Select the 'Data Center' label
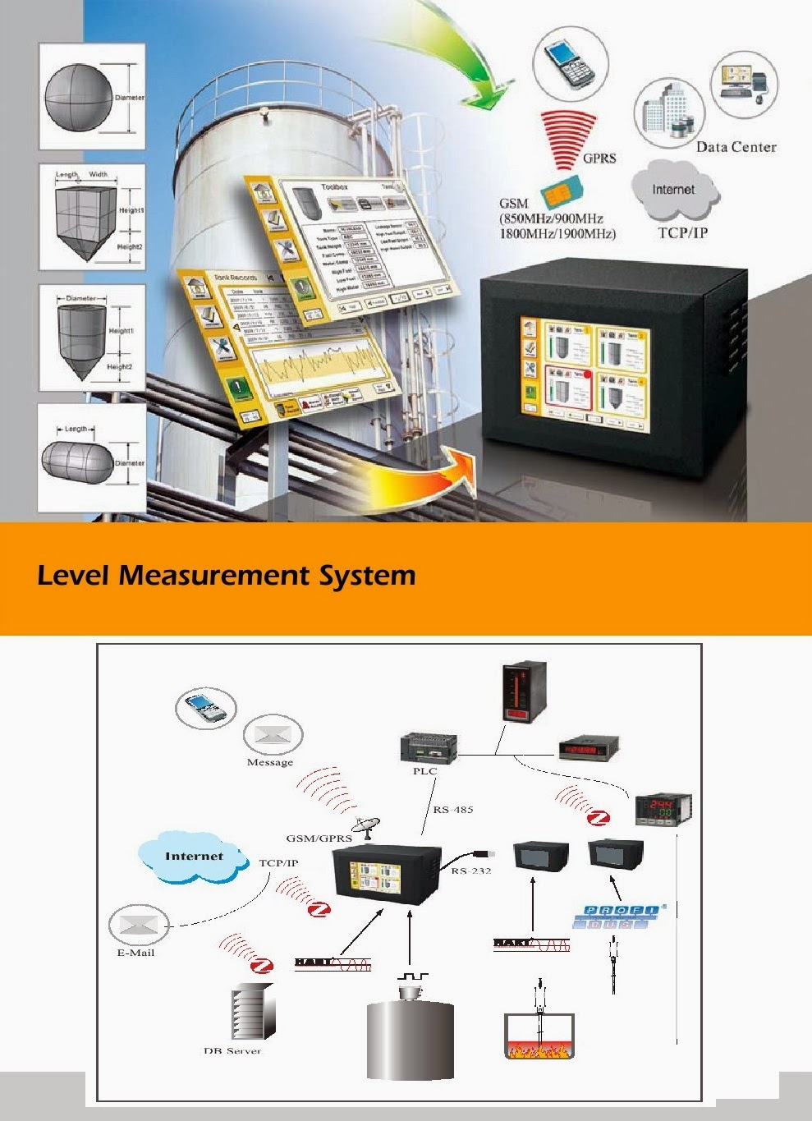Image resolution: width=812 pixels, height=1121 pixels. tap(736, 147)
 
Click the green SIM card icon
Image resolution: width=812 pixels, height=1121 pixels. tap(562, 195)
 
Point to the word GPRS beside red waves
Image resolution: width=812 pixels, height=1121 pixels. tap(599, 158)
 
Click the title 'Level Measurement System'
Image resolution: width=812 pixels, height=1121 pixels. tap(227, 575)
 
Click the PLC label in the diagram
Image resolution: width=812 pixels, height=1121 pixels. tap(424, 771)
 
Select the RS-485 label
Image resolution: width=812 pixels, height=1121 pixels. tap(453, 810)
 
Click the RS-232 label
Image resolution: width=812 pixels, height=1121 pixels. tap(471, 871)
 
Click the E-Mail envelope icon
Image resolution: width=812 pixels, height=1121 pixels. tap(138, 926)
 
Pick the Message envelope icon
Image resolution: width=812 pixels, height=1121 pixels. tap(272, 734)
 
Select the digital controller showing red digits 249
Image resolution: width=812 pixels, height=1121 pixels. tap(663, 808)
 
